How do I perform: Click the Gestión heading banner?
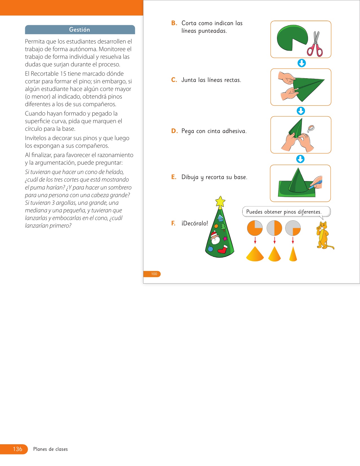(x=80, y=30)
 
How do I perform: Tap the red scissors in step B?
(x=315, y=45)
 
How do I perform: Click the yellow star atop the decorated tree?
(x=220, y=202)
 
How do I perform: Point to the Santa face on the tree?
(x=215, y=238)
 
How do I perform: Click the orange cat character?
(x=323, y=235)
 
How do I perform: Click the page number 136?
(x=18, y=449)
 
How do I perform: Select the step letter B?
(x=174, y=23)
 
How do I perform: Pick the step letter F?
(x=173, y=223)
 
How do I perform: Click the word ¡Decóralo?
(x=195, y=223)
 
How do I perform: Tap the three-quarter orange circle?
(x=255, y=228)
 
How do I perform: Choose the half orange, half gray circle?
(x=274, y=228)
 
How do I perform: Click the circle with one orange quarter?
(x=293, y=228)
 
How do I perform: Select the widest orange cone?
(x=255, y=254)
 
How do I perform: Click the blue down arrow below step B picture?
(x=302, y=63)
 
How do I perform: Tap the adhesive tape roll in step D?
(x=311, y=129)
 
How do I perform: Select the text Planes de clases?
(x=51, y=449)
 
